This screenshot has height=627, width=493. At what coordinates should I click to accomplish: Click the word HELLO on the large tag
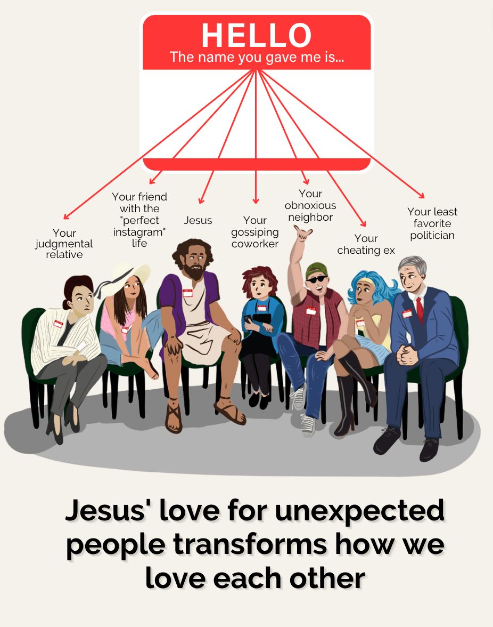(256, 35)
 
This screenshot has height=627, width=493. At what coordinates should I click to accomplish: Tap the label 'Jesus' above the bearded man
(198, 220)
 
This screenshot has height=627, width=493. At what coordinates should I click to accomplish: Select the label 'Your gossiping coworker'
(254, 232)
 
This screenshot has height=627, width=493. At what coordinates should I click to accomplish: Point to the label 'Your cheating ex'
(366, 244)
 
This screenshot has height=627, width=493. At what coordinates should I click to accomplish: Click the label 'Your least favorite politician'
(432, 223)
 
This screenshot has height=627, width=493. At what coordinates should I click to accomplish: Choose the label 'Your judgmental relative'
(64, 244)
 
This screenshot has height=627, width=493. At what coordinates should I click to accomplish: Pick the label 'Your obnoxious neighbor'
(310, 206)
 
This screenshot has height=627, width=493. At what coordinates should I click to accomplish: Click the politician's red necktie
(420, 309)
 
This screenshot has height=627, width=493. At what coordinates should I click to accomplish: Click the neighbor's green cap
(316, 270)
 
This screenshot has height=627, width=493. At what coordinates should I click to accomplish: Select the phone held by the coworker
(248, 319)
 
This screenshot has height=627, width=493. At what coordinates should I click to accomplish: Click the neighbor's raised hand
(302, 232)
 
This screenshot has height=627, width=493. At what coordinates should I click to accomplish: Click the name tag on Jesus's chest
(187, 293)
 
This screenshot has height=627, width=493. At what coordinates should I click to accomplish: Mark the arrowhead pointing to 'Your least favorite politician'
(422, 196)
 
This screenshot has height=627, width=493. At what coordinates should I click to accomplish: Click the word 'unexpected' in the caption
(360, 511)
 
